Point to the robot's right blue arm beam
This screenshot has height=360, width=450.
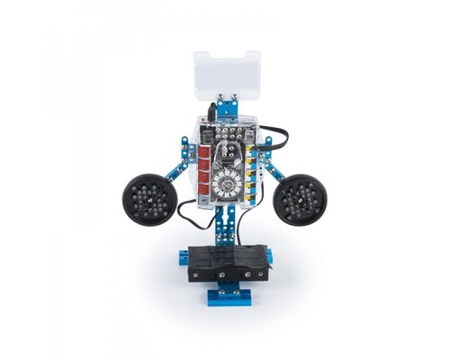tap(265, 171)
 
